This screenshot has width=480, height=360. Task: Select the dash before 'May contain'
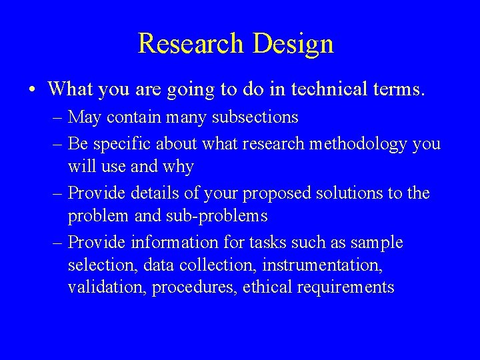pos(57,118)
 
